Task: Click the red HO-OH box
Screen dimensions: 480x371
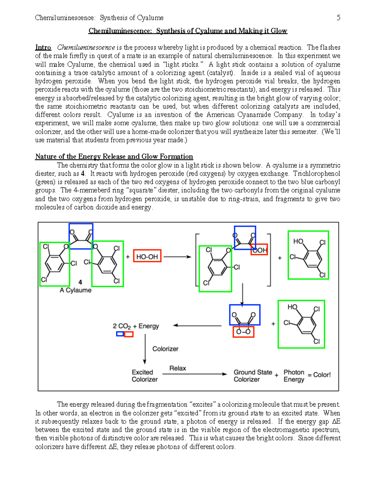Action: (x=147, y=256)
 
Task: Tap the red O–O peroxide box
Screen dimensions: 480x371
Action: (x=243, y=332)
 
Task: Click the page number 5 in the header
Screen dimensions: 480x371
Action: (x=338, y=18)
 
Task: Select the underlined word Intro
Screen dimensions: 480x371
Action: (x=43, y=47)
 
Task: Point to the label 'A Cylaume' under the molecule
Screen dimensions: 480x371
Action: (x=75, y=290)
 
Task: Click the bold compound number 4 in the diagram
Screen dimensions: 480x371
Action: (x=80, y=282)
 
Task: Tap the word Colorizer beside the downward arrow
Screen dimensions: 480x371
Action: (x=165, y=349)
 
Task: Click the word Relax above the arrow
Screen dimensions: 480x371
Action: (x=177, y=368)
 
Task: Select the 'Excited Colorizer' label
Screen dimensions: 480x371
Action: (x=144, y=376)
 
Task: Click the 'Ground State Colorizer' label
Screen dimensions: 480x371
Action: (x=253, y=376)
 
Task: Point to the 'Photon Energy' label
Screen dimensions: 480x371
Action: (x=294, y=376)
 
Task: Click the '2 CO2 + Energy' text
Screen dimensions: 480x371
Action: (x=136, y=326)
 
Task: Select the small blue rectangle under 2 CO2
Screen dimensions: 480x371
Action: (x=120, y=334)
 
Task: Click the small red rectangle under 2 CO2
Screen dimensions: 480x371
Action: (x=129, y=334)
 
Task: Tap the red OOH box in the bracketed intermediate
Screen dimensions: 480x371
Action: (x=259, y=250)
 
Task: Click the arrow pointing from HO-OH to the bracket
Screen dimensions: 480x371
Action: (x=177, y=257)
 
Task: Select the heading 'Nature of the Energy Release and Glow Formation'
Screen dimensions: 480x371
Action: (x=114, y=156)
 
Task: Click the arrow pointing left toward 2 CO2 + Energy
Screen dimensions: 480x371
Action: (x=197, y=325)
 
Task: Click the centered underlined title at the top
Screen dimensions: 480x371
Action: (x=188, y=31)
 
